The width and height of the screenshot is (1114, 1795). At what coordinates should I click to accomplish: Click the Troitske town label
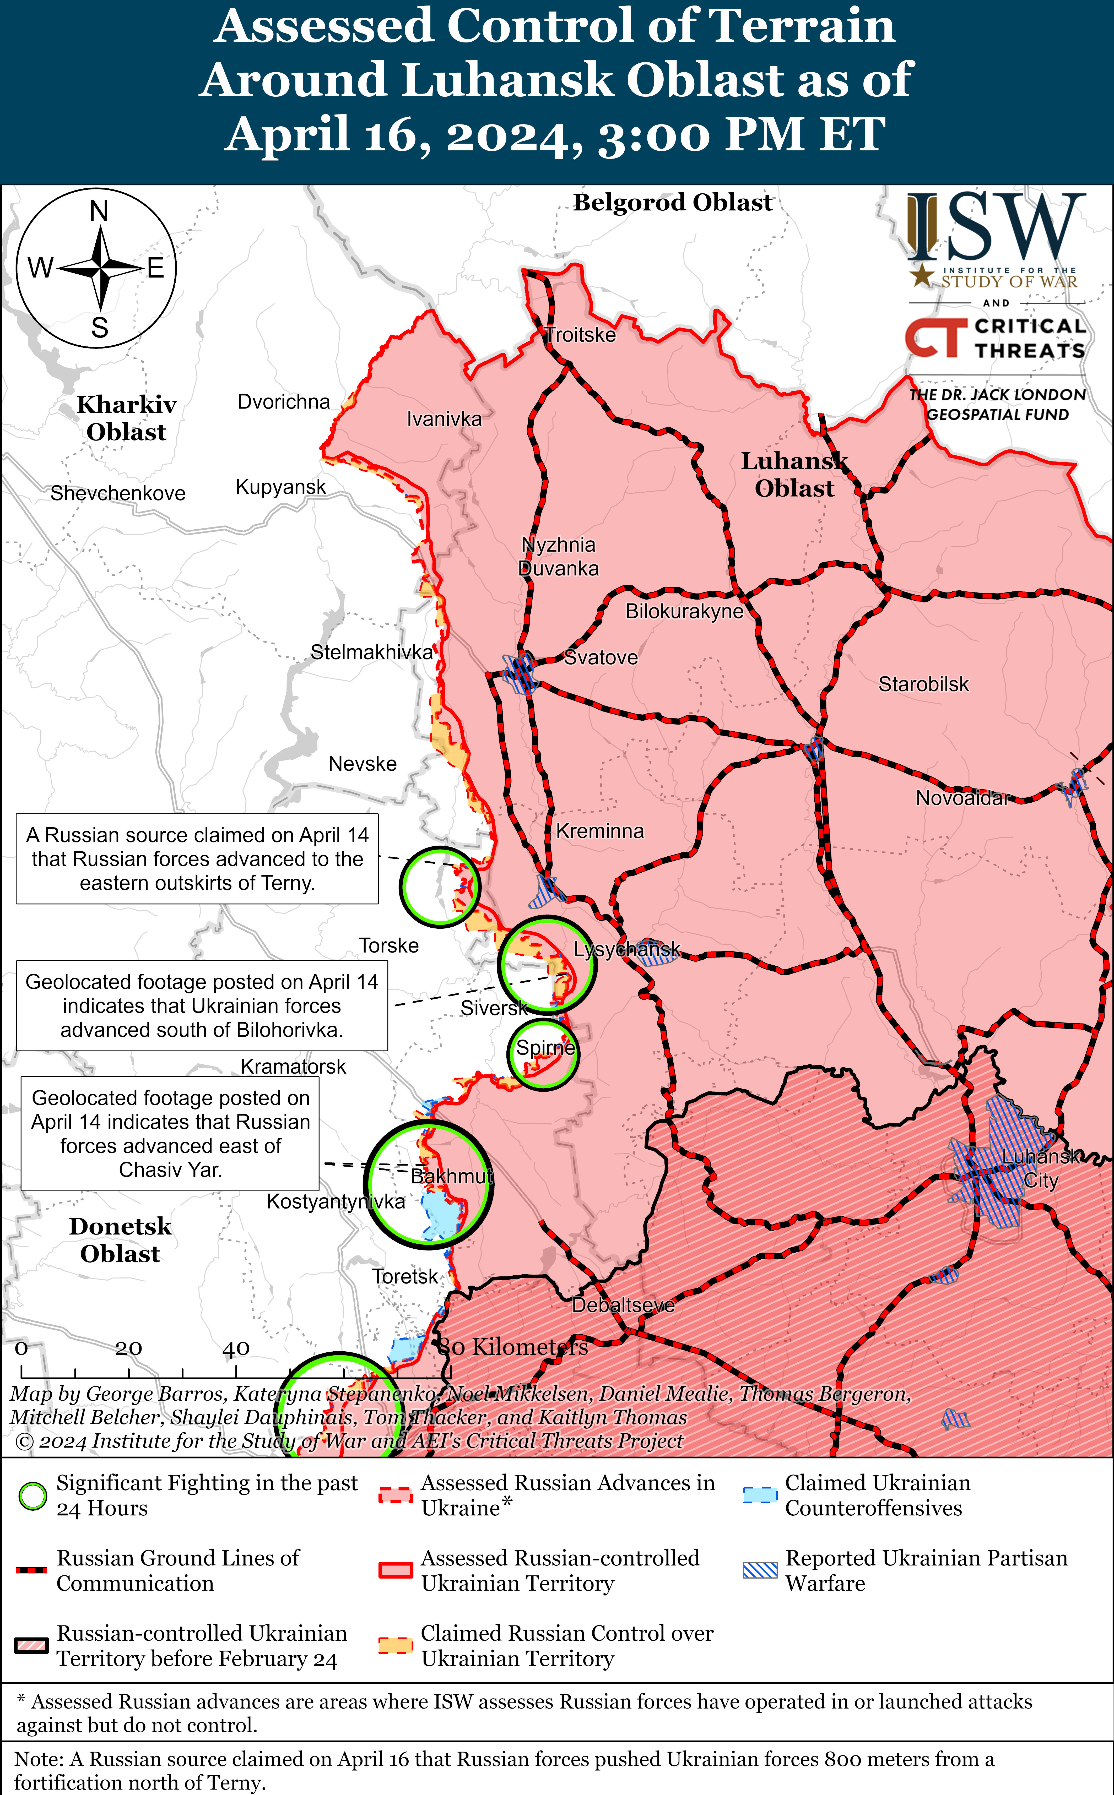coord(581,335)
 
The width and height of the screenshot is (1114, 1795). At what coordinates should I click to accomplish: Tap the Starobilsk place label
coord(923,684)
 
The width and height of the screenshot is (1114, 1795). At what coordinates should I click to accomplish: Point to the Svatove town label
coord(601,657)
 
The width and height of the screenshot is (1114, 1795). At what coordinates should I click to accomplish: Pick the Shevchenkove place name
coord(118,493)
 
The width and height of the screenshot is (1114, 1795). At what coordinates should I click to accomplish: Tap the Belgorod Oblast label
coord(673,202)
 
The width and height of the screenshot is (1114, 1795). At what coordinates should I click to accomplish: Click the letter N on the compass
coord(99,211)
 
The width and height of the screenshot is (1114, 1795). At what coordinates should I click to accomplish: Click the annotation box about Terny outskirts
coord(197,859)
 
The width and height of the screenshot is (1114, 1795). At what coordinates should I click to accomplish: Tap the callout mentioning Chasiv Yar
coord(170,1133)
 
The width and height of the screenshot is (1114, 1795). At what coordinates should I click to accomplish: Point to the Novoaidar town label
coord(961,798)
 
